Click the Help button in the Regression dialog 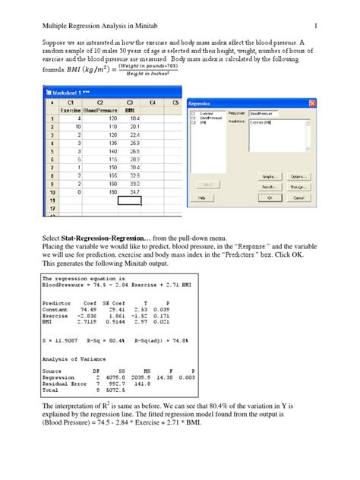coord(203,197)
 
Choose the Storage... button coord(298,185)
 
